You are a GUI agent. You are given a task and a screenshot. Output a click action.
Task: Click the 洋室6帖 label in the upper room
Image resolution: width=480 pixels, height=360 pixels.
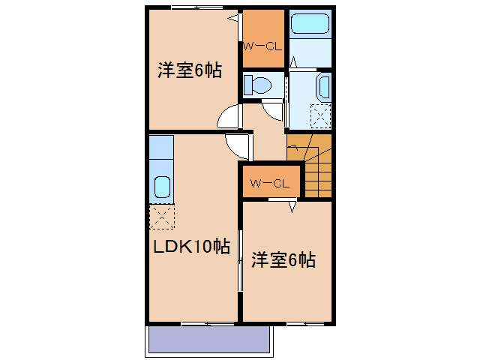coord(189,71)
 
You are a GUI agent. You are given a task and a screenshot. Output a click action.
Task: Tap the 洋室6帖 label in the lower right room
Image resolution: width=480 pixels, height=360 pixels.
coord(283,260)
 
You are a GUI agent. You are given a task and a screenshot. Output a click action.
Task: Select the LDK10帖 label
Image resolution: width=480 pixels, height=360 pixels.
coord(192,246)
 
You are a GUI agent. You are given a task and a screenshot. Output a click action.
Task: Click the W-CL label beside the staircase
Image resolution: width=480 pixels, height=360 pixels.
coord(270,183)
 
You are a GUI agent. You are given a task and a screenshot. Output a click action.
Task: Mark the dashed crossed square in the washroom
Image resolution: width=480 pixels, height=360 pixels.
coord(321,115)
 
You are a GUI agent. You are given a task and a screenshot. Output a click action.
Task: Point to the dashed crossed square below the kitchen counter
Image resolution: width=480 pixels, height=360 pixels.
coord(161,217)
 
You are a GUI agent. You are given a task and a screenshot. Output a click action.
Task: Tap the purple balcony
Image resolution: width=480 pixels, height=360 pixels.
coord(208,340)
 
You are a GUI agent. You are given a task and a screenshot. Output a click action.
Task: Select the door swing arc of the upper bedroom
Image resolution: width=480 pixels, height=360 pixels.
coord(229,118)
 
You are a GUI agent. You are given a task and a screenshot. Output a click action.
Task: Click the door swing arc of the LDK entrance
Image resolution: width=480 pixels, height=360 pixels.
coord(239,145)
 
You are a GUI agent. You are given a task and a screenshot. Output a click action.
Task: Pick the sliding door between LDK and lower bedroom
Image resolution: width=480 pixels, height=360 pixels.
coord(240,259)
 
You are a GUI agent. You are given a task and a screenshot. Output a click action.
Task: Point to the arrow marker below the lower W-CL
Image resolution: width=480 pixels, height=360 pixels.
coord(293,205)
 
